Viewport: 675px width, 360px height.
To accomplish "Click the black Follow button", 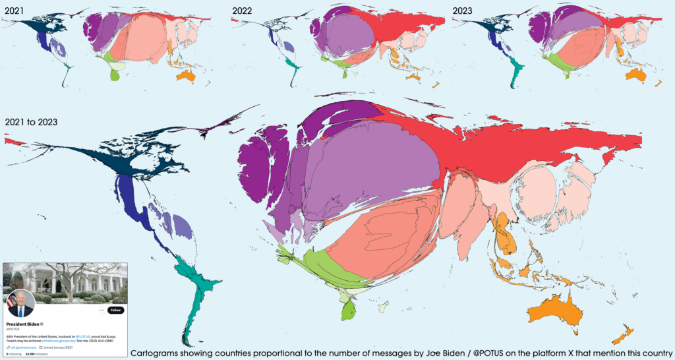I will pyautogui.click(x=116, y=310).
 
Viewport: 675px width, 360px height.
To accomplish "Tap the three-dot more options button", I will pyautogui.click(x=102, y=310).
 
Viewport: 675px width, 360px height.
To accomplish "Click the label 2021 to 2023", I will pyautogui.click(x=30, y=122).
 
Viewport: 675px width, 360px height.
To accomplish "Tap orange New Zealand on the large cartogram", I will pyautogui.click(x=622, y=334).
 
